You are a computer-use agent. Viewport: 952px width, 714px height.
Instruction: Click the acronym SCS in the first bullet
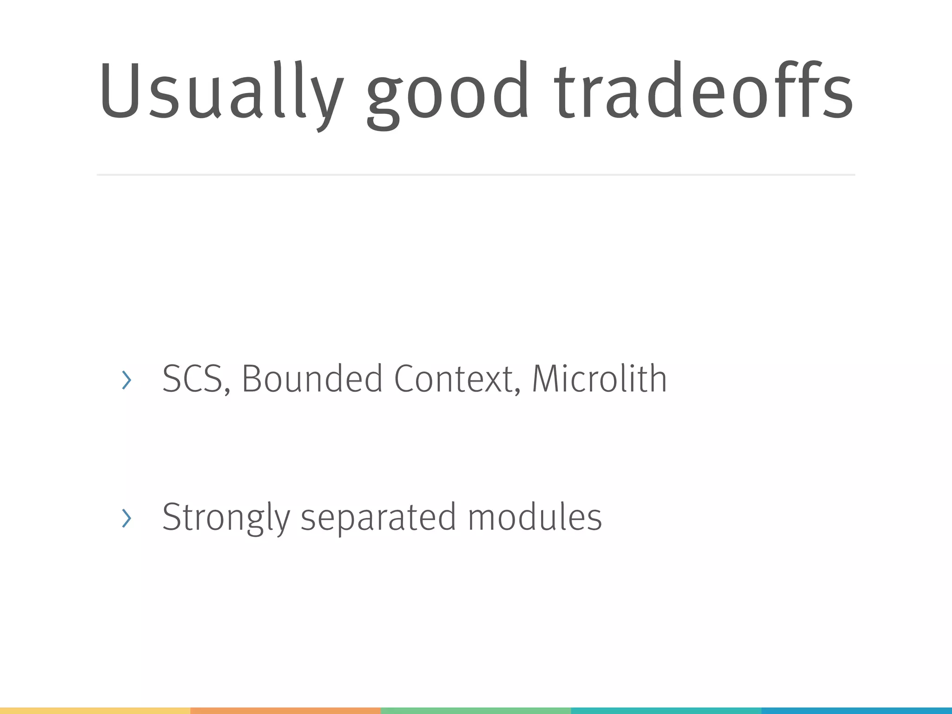192,379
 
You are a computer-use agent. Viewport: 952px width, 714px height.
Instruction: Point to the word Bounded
312,379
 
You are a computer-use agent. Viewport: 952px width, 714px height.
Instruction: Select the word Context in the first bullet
453,379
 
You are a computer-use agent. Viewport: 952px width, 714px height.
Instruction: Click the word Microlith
599,379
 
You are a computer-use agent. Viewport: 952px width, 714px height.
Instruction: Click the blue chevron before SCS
126,380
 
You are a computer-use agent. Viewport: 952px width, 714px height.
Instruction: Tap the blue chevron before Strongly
126,518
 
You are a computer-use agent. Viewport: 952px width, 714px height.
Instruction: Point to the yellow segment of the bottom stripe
95,711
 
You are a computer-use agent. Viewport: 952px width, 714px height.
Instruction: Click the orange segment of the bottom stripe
285,711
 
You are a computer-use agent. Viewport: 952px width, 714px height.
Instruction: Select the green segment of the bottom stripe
476,711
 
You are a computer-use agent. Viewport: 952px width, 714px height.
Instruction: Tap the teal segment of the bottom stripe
666,711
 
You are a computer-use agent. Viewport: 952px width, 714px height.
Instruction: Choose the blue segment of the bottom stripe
857,711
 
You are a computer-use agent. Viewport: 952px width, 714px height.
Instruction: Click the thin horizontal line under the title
476,175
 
